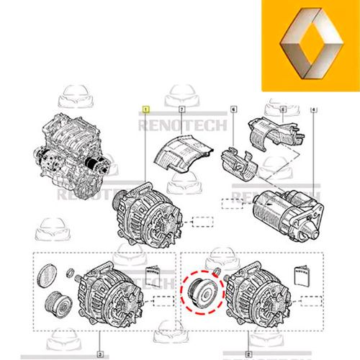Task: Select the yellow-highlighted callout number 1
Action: tap(146, 110)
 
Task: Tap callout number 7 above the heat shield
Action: tap(181, 110)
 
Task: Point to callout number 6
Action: tap(233, 110)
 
